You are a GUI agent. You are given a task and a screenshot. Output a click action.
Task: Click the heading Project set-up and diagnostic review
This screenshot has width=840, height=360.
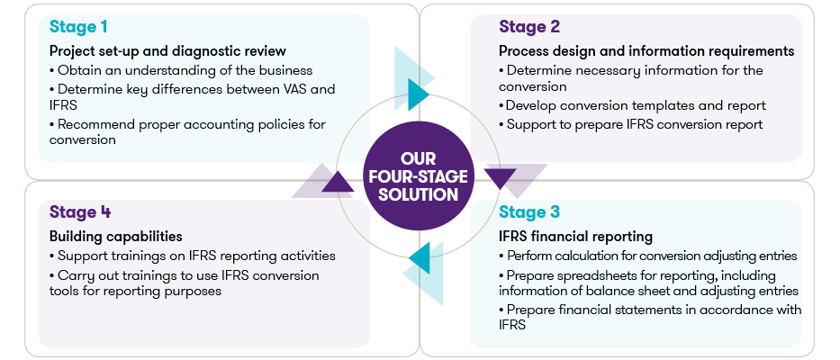tap(167, 51)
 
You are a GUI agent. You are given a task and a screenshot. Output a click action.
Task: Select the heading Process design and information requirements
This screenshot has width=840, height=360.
tap(646, 51)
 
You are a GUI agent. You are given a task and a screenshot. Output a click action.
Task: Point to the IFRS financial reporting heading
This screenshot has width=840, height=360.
tap(575, 237)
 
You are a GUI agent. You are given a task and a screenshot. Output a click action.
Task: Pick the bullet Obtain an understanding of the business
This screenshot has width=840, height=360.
tap(180, 70)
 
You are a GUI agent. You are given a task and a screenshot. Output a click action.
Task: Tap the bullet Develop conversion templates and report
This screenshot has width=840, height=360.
tap(632, 105)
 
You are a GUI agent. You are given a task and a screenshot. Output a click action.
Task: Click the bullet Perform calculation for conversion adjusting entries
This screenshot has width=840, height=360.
tap(647, 256)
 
